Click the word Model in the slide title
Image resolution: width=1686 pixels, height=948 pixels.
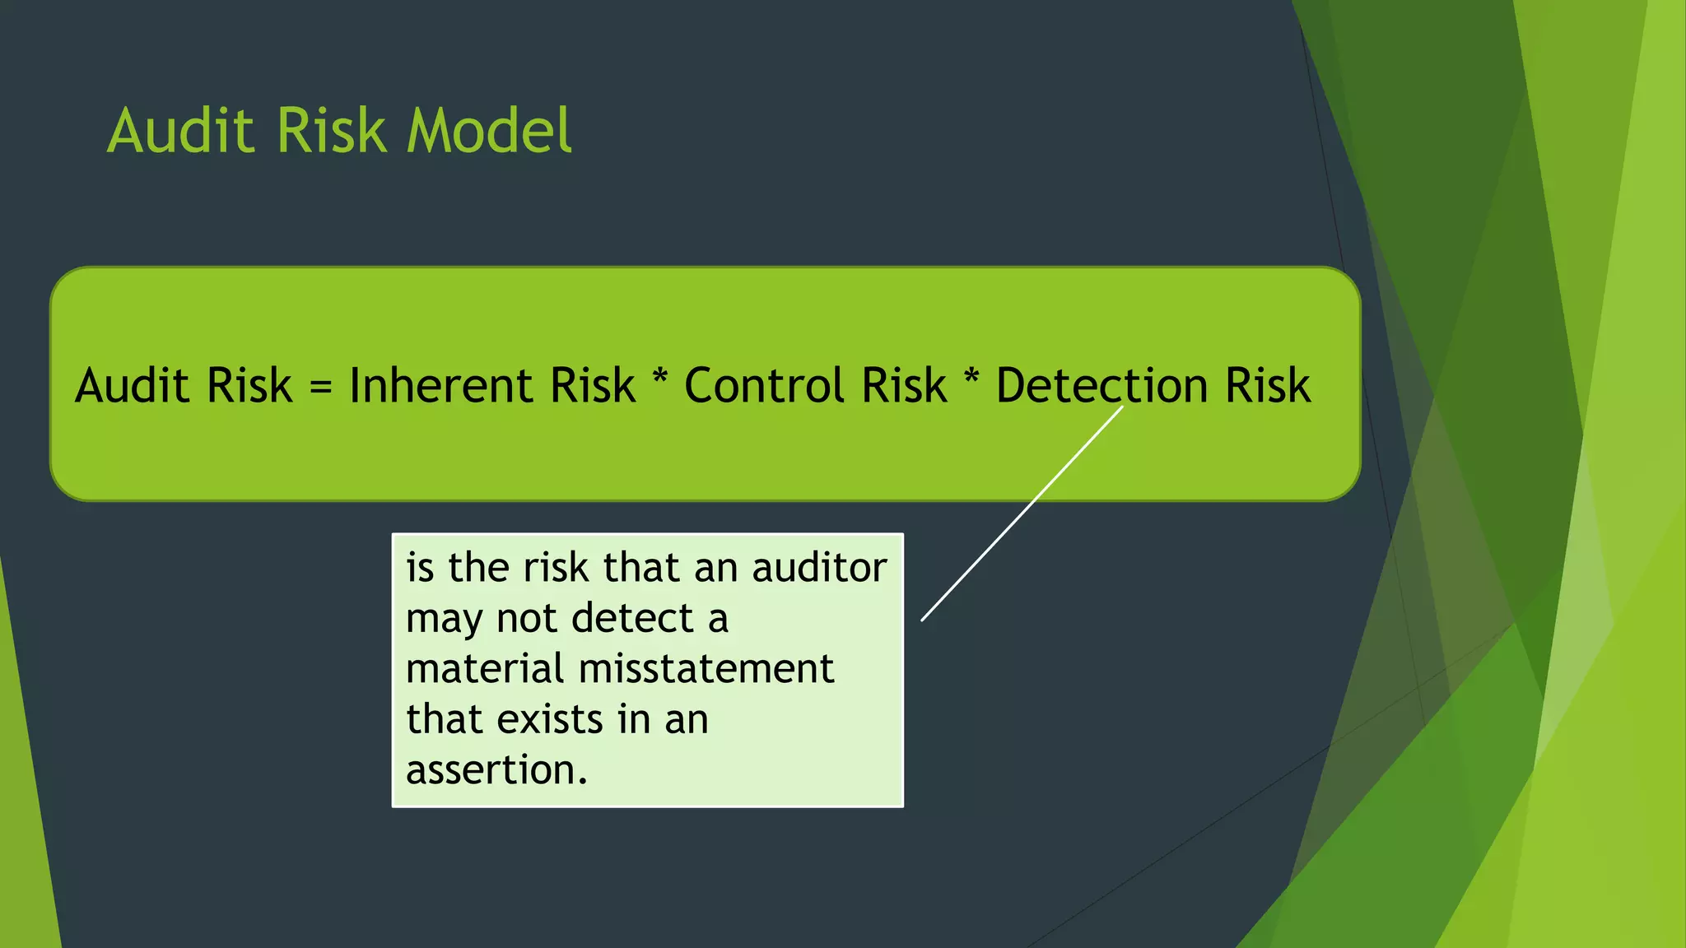(489, 131)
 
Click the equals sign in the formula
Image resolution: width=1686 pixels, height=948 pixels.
(321, 387)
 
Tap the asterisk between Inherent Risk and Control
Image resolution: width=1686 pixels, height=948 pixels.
(659, 380)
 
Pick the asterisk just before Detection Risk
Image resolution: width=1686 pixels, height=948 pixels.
(971, 380)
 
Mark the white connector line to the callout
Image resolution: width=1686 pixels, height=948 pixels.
(1021, 514)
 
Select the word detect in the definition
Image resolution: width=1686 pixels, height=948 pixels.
(633, 618)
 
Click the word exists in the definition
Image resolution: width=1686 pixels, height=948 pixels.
(551, 719)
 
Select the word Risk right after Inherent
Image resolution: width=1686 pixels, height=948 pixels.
(593, 385)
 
